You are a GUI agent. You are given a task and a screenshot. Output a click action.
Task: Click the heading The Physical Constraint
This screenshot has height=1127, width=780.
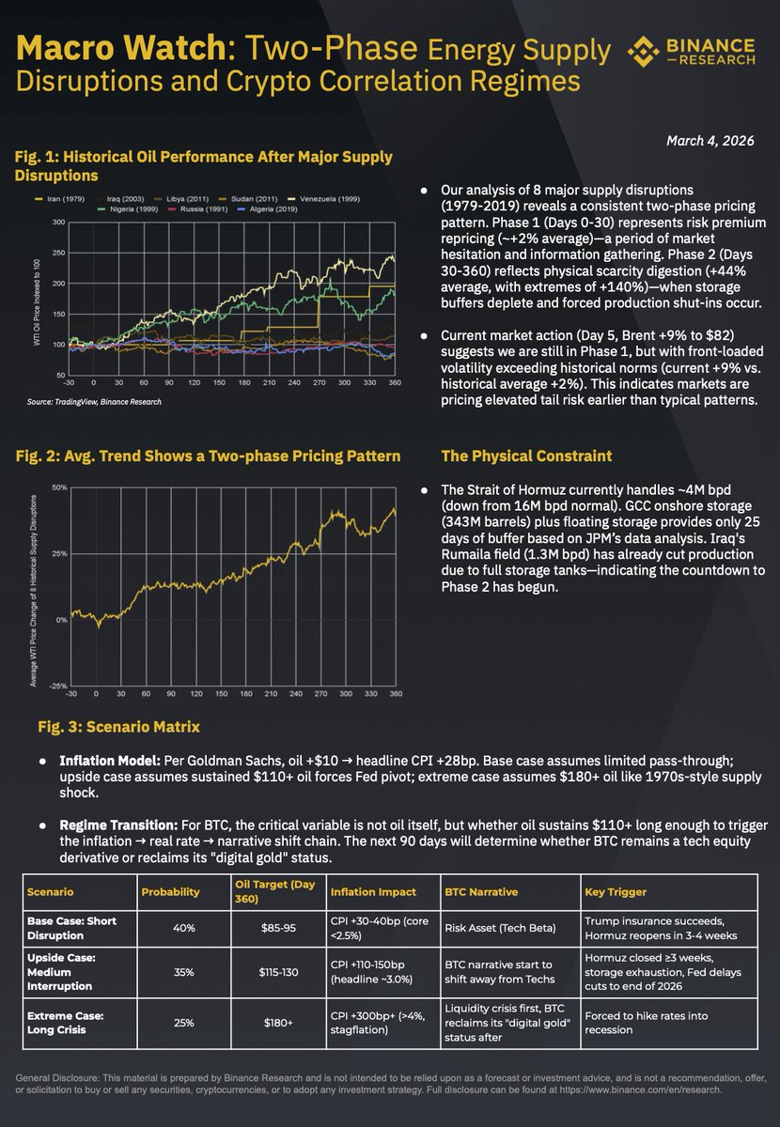[526, 456]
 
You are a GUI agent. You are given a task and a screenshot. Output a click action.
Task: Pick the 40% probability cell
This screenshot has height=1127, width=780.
[183, 928]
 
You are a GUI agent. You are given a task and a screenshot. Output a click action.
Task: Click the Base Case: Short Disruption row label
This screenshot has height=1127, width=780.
[71, 928]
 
